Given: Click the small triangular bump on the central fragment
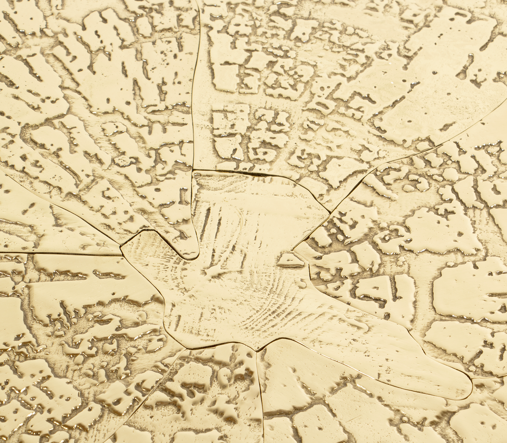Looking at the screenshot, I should [288, 259].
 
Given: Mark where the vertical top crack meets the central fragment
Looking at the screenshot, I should [193, 170].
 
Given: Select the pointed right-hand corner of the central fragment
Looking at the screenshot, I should [328, 210].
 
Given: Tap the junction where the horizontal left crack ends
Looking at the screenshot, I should [121, 255].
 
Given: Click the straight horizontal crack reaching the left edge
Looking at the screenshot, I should [56, 253].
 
